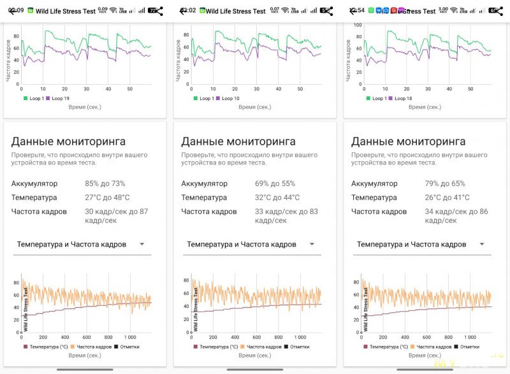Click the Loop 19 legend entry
[x=58, y=98]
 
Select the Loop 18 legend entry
[x=398, y=98]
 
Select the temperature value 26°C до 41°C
[x=447, y=198]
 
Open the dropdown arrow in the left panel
[x=142, y=244]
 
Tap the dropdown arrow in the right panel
[x=482, y=244]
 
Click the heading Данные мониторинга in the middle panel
[x=238, y=141]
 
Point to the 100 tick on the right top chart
[x=358, y=25]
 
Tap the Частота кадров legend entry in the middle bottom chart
[x=260, y=347]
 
